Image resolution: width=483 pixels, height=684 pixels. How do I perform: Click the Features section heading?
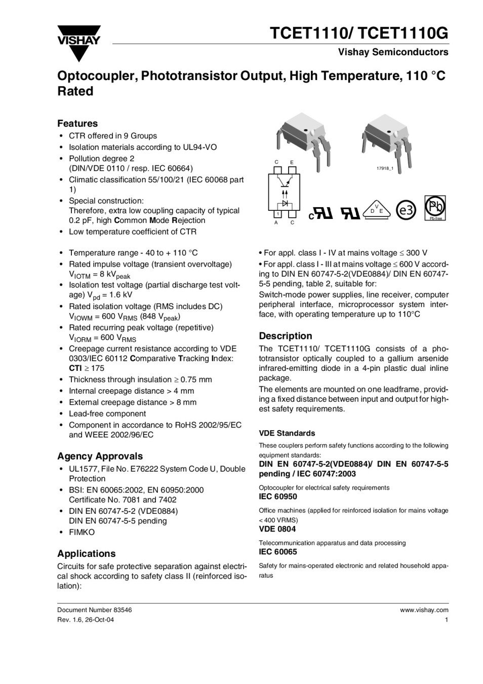(77, 124)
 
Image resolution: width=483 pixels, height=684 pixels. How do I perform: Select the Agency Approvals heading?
(100, 456)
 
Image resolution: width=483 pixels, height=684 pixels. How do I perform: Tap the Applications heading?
(86, 553)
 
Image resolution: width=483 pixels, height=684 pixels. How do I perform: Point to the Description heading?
(286, 336)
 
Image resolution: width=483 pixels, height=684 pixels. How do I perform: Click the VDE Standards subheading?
(287, 433)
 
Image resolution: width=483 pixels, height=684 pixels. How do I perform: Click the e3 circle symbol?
(406, 210)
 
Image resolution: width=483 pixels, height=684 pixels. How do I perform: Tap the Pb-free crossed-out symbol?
(435, 208)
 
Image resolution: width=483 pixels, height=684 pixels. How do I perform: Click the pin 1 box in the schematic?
(277, 214)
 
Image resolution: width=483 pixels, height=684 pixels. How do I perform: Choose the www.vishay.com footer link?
(424, 610)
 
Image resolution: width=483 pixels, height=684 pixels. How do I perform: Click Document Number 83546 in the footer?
(94, 610)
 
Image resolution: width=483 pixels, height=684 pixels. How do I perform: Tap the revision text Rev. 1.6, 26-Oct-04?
(86, 620)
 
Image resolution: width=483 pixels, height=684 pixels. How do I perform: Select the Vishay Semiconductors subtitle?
(393, 52)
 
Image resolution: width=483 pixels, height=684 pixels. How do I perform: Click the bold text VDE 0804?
(277, 529)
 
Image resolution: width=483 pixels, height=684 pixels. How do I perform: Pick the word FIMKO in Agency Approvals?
(82, 532)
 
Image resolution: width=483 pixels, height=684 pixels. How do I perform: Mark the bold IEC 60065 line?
(278, 552)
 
